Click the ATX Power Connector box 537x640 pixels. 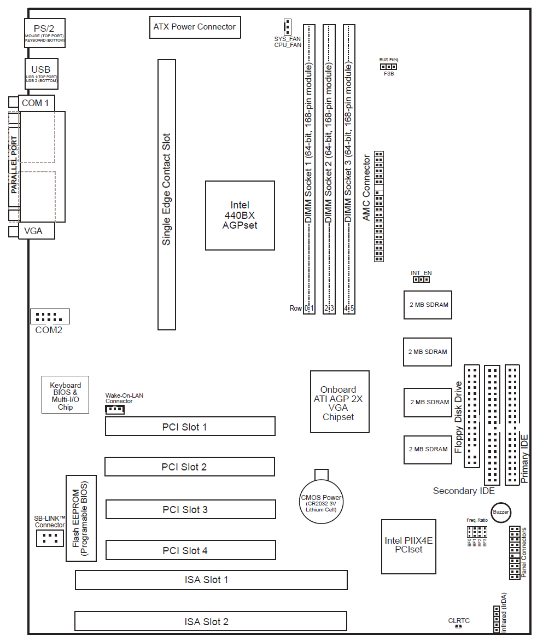pyautogui.click(x=195, y=27)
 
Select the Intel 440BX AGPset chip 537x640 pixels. pyautogui.click(x=240, y=215)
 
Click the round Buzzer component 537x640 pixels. pyautogui.click(x=500, y=512)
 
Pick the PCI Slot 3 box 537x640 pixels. pyautogui.click(x=190, y=510)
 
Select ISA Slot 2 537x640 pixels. pyautogui.click(x=211, y=621)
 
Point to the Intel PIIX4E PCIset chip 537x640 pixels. pyautogui.click(x=408, y=545)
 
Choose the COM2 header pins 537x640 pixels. pyautogui.click(x=50, y=316)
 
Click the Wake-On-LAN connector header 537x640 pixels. pyautogui.click(x=114, y=409)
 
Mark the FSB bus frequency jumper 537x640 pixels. pyautogui.click(x=388, y=67)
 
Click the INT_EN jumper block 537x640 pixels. pyautogui.click(x=421, y=280)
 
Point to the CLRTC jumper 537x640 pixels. pyautogui.click(x=458, y=627)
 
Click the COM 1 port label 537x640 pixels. pyautogui.click(x=36, y=103)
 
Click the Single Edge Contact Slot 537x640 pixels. pyautogui.click(x=167, y=194)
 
